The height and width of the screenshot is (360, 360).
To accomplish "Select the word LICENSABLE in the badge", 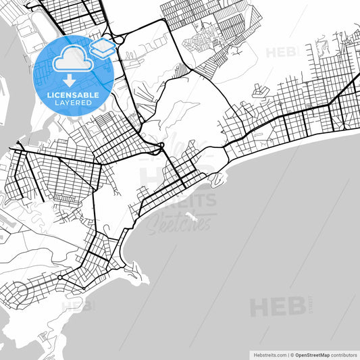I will click(74, 95).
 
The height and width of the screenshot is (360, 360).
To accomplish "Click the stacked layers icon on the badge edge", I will click(103, 48).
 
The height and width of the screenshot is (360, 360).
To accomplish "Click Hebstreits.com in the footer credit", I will click(269, 354).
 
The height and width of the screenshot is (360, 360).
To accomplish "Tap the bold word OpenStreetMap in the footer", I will click(311, 354).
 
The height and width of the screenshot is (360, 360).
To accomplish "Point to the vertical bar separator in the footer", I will click(287, 354).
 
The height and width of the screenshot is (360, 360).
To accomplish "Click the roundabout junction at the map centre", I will click(162, 145).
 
